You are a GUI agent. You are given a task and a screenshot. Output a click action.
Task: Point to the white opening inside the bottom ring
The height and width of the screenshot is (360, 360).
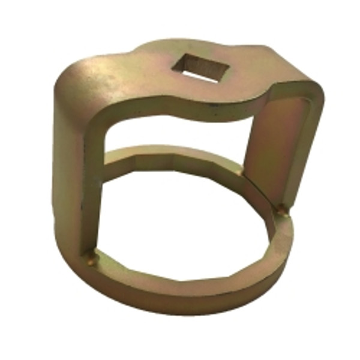[186, 228]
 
